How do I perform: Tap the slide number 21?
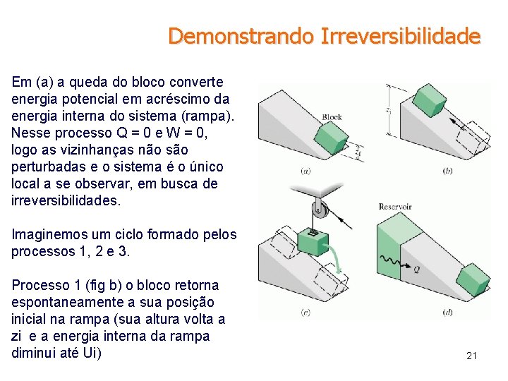(x=471, y=356)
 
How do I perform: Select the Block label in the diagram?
(x=332, y=117)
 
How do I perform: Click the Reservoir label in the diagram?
(x=394, y=207)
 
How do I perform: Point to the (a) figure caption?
(x=306, y=170)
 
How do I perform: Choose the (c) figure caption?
(x=306, y=313)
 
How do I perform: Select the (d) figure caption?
(x=447, y=313)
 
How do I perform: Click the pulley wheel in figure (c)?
(x=320, y=209)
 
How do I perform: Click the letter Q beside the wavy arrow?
(x=416, y=269)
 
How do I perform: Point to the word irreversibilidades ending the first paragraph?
(x=66, y=200)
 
